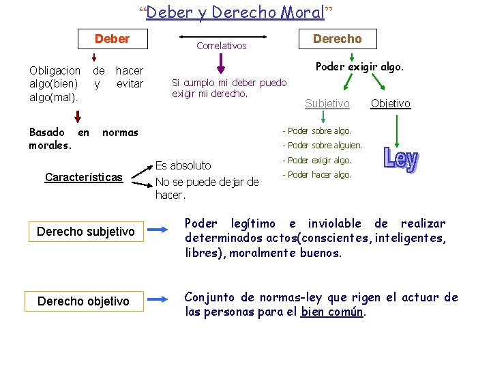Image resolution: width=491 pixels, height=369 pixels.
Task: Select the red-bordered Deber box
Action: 112,40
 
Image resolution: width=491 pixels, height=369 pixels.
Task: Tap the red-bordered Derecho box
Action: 337,39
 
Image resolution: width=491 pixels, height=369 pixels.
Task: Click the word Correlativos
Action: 221,46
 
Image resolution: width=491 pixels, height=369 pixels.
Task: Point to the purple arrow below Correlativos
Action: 220,64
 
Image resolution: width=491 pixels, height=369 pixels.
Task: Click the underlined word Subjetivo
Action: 327,103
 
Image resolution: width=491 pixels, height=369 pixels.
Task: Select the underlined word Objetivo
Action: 390,103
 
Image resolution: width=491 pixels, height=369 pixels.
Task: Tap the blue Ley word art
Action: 401,159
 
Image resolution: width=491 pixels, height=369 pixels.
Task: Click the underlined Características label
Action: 84,178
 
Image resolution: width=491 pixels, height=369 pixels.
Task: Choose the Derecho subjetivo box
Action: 85,232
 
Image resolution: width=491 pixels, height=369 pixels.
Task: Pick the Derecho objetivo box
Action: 83,301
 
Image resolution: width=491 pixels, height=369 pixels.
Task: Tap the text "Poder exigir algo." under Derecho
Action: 359,67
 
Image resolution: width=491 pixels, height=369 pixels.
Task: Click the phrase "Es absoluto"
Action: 183,165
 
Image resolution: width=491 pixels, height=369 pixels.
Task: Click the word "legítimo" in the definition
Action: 254,223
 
